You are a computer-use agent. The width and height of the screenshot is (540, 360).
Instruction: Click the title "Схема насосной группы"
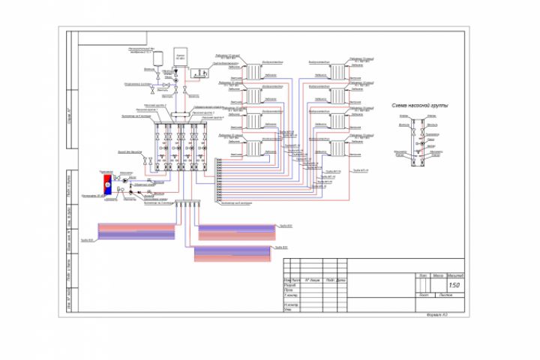click(420, 107)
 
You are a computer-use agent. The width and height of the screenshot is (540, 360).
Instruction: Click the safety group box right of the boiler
click(199, 73)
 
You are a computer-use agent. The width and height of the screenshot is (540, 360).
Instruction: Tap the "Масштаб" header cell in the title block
click(456, 275)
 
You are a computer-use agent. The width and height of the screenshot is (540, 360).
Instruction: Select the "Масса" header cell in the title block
click(439, 275)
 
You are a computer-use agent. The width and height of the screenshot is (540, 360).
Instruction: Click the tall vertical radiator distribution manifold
click(217, 180)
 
